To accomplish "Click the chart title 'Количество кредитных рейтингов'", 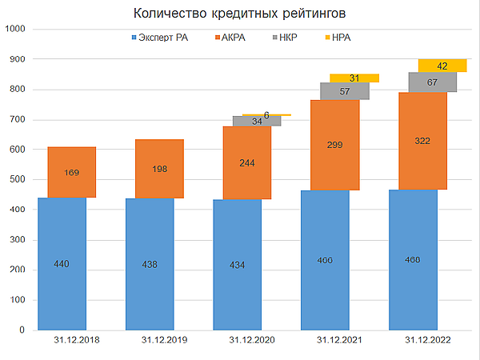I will tap(240, 14).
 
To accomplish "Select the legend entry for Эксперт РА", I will tap(160, 38).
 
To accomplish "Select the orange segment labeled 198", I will tap(159, 169).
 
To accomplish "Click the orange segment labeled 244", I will tap(247, 162).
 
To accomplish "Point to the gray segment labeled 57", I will tap(345, 91).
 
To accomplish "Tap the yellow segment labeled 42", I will tap(442, 66).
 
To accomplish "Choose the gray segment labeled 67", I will tap(432, 82).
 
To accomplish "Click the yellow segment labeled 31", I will tap(354, 78).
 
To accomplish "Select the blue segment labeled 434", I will tap(247, 264).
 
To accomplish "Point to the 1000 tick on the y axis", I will tap(15, 30).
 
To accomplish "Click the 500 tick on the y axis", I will tap(18, 180).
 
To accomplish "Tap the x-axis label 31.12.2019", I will tap(164, 341).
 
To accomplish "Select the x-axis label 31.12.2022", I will tap(427, 341).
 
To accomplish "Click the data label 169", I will tap(72, 171).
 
